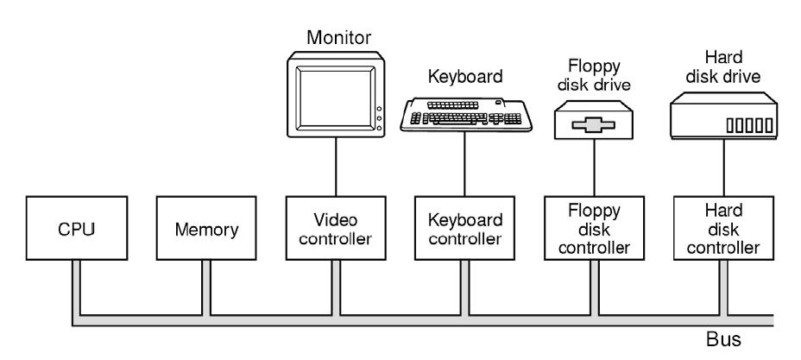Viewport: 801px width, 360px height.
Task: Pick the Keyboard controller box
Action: click(x=464, y=229)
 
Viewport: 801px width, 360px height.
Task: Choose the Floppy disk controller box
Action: click(x=593, y=229)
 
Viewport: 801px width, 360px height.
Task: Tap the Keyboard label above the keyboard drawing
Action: click(x=465, y=76)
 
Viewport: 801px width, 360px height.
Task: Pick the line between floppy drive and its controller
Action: click(x=593, y=168)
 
